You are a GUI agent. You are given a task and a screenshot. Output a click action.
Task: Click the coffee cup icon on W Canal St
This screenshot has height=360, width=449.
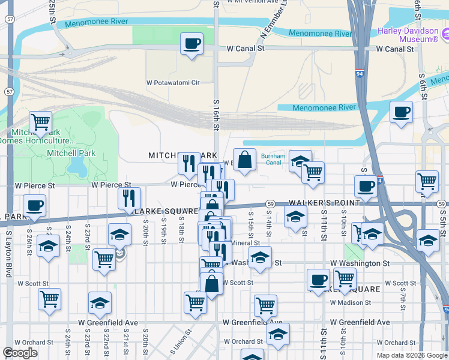[x=191, y=43]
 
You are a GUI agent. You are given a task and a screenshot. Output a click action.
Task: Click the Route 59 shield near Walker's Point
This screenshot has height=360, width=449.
[x=271, y=204]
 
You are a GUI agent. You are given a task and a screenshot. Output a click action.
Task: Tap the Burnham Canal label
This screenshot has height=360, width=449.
[x=273, y=159]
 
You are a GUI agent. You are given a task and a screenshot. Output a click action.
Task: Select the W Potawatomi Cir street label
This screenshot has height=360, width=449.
[x=172, y=83]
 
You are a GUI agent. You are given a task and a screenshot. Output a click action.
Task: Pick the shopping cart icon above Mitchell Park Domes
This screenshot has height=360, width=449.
[x=40, y=122]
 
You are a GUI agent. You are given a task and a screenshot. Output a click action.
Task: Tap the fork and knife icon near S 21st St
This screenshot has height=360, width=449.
[x=129, y=197]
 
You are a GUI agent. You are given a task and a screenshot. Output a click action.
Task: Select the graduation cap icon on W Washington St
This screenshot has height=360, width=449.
[x=259, y=257]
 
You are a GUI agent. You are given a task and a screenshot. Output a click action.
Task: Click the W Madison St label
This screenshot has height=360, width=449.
[x=348, y=302]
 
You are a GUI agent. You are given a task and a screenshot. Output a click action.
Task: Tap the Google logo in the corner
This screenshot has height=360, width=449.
[x=20, y=353]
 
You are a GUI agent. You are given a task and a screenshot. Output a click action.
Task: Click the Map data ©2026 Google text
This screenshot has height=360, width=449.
[x=411, y=355]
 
